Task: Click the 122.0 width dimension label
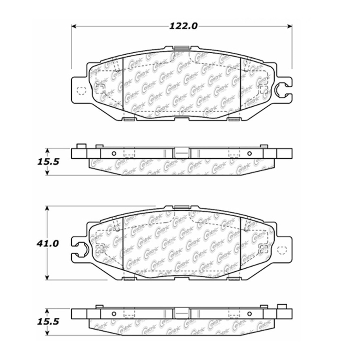pos(184,26)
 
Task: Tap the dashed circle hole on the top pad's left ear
pos(80,90)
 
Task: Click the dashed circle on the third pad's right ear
pos(282,249)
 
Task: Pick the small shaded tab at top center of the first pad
pos(180,48)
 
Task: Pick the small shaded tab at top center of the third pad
pos(180,207)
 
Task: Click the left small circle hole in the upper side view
pos(114,154)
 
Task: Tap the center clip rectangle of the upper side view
pos(181,153)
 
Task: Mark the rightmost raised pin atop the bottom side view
pos(281,306)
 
